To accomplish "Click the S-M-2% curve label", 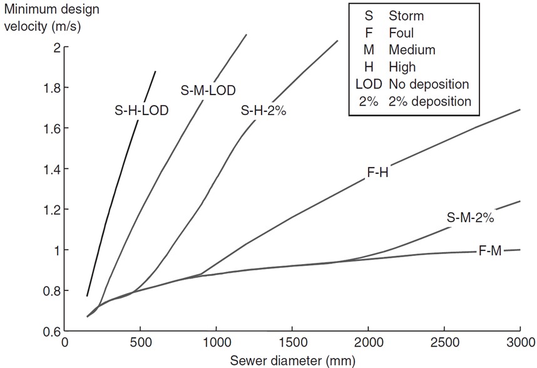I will click(471, 218).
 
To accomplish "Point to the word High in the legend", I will click(402, 66).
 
